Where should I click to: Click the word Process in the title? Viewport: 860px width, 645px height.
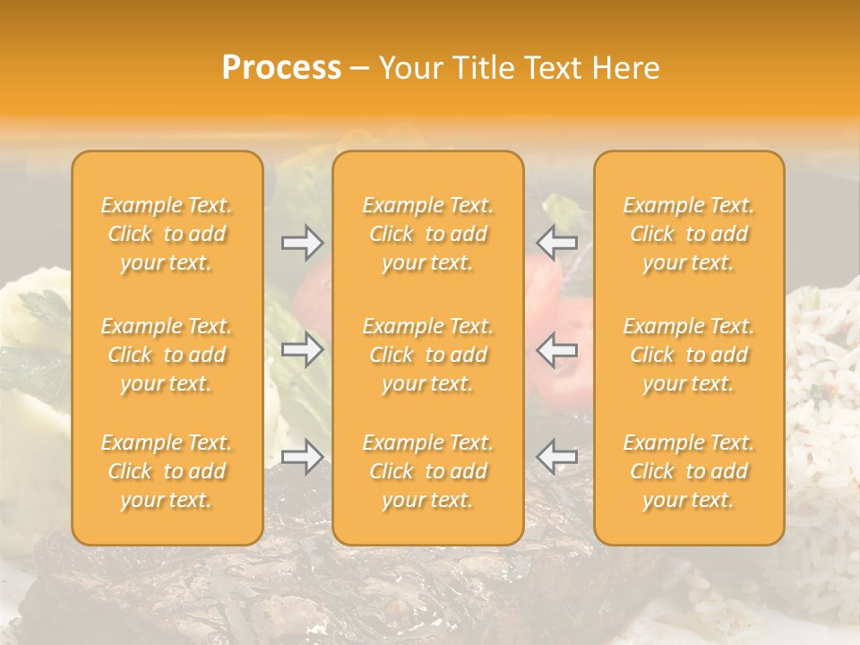coord(281,68)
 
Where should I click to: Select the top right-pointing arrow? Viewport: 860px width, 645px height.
coord(302,243)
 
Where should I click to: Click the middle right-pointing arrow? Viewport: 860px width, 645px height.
coord(302,349)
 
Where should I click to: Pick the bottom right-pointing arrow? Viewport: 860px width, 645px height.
coord(302,457)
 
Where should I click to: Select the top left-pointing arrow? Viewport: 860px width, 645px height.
coord(556,243)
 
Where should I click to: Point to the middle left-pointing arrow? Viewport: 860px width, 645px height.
coord(556,349)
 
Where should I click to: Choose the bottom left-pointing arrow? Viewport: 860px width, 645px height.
coord(556,457)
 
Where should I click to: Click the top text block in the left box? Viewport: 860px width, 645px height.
coord(167,234)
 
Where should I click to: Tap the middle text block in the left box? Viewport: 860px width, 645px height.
coord(167,355)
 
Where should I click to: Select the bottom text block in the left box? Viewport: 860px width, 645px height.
coord(167,471)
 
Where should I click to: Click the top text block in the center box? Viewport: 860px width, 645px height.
coord(428,234)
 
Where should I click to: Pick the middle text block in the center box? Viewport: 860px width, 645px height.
coord(428,355)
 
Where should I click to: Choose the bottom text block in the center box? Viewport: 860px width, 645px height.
coord(428,471)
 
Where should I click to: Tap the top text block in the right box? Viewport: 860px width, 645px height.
coord(689,234)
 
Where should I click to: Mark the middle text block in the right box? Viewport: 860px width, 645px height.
coord(689,355)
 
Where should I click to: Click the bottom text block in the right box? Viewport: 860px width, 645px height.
coord(689,471)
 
